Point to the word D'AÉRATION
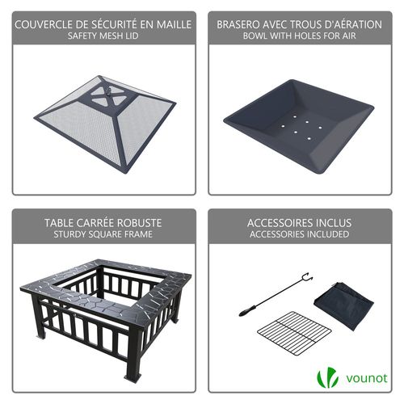point(347,24)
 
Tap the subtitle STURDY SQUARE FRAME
point(103,235)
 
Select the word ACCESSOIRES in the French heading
point(282,222)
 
